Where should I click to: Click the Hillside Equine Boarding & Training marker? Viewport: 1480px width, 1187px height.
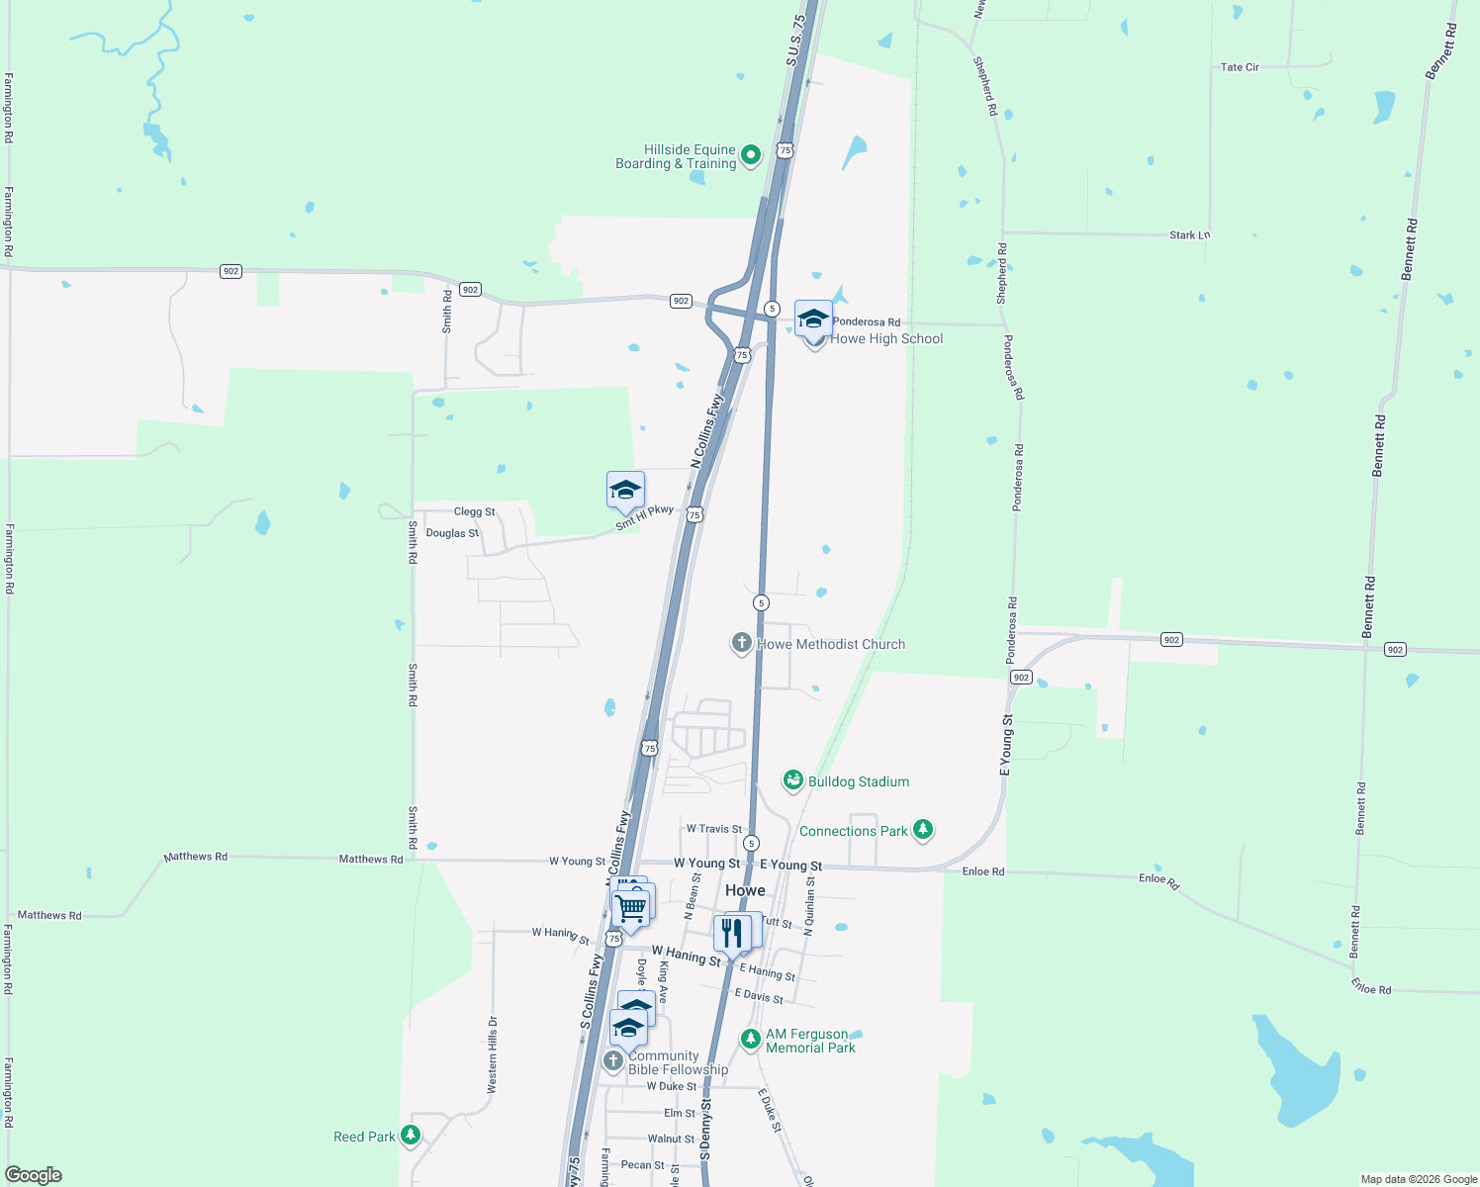point(751,154)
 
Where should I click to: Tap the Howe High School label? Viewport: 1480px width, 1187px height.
point(886,338)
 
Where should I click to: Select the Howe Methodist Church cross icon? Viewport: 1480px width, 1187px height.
point(741,643)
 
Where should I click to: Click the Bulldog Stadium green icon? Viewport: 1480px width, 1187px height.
point(792,781)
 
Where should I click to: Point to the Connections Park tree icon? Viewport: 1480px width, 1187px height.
point(923,829)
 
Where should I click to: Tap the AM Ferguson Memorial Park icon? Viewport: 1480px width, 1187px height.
point(751,1039)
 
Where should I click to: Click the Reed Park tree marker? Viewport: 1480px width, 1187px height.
point(411,1136)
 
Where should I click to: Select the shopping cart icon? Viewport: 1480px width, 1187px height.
point(630,907)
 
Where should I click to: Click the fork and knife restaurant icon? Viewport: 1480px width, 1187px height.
point(732,933)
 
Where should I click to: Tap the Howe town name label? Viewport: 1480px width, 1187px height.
point(745,890)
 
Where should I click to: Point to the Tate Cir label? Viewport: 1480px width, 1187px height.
point(1240,67)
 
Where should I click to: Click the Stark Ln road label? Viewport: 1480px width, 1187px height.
point(1189,235)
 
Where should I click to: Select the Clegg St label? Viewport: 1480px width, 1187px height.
point(474,511)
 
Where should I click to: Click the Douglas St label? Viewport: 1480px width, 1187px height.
point(452,533)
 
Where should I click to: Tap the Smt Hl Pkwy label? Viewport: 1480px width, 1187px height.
point(644,517)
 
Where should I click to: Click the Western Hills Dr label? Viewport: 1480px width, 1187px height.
point(492,1054)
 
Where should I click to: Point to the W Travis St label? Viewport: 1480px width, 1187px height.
point(714,829)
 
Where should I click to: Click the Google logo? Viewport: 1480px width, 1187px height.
point(34,1175)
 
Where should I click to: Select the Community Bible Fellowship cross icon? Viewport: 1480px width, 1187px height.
point(613,1060)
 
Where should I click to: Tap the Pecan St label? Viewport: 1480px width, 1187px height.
point(642,1165)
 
